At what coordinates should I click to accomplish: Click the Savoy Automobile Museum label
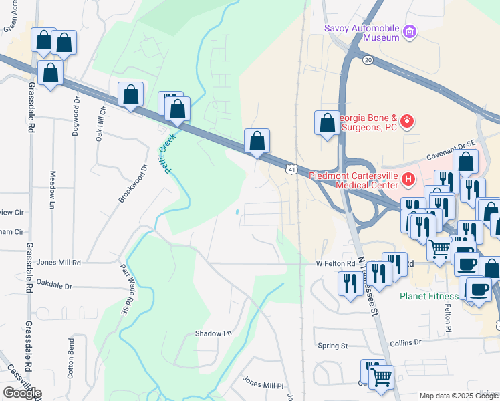(x=362, y=33)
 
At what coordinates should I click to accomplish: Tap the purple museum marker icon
(x=410, y=31)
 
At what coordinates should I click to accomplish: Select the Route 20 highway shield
(x=368, y=60)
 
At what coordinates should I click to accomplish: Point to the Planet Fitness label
(x=429, y=296)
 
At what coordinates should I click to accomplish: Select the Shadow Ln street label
(x=213, y=333)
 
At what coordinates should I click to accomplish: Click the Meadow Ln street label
(x=53, y=190)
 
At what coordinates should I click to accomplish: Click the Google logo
(x=22, y=393)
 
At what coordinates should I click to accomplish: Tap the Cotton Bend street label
(x=71, y=358)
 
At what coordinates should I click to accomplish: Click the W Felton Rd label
(x=335, y=264)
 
